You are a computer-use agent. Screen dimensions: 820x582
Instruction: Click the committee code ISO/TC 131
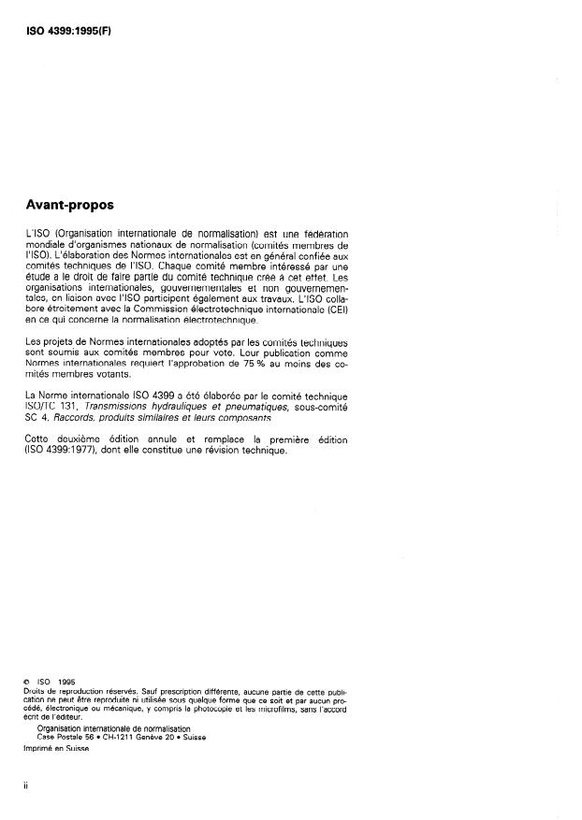click(54, 407)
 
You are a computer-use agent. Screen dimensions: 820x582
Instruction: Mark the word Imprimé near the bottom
click(41, 749)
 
